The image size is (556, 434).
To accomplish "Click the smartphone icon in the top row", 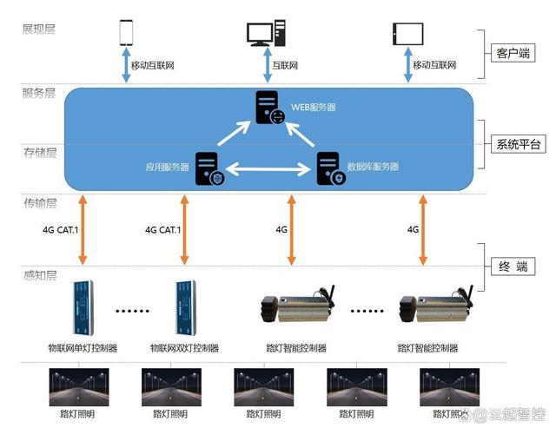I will pos(126,32).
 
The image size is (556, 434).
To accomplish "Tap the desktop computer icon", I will pos(265,33).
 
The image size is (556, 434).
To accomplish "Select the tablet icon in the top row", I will pos(407,33).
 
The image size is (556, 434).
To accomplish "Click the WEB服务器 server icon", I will pos(268,108).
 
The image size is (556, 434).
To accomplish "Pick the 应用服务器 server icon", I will pos(208,168).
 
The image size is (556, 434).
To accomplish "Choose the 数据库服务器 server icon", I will pos(330,168).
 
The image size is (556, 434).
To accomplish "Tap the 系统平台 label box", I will pos(518,143).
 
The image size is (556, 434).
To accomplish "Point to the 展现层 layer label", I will pos(39,29).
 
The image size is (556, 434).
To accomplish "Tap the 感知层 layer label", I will pos(39,275).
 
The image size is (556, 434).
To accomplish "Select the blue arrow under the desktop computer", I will pos(265,66).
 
